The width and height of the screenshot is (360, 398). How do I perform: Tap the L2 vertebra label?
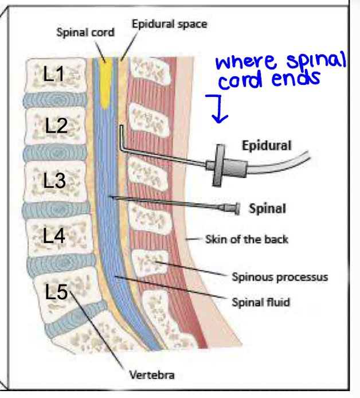56,127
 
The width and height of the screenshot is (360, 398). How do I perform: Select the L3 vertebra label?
55,181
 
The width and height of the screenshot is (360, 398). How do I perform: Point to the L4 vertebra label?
55,235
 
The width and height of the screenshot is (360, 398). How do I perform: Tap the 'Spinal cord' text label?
85,32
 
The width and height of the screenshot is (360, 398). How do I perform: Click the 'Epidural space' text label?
169,24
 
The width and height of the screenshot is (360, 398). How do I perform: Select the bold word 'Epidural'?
266,145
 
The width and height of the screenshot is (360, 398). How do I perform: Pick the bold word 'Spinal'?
267,208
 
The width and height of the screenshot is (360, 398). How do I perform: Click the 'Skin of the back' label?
246,239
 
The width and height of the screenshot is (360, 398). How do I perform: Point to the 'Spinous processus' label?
280,277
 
